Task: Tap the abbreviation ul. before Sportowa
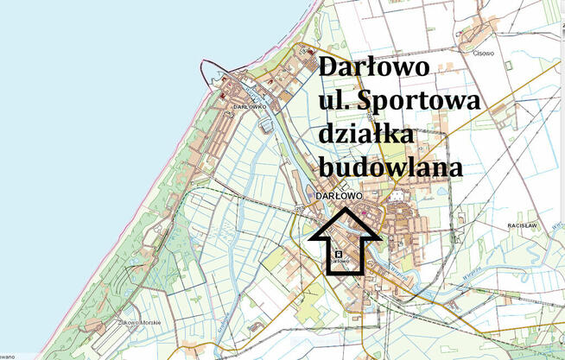point(339,102)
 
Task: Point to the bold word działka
point(367,136)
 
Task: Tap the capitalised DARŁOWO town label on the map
point(339,196)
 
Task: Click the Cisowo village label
point(483,54)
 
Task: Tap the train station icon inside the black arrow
point(340,254)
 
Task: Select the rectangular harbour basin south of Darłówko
point(266,125)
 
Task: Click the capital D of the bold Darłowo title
point(329,68)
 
